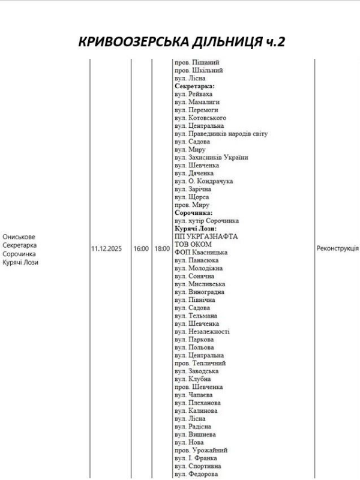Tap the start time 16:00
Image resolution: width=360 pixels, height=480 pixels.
pyautogui.click(x=141, y=248)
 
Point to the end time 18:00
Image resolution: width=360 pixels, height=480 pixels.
pyautogui.click(x=161, y=248)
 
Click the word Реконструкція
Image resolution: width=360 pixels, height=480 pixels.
pyautogui.click(x=337, y=248)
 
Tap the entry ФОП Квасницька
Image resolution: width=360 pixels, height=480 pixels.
pyautogui.click(x=202, y=252)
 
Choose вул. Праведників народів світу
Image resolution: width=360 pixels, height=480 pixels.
pyautogui.click(x=221, y=133)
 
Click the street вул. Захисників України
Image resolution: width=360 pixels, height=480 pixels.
pyautogui.click(x=211, y=157)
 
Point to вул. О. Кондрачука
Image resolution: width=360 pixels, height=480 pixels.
pyautogui.click(x=203, y=181)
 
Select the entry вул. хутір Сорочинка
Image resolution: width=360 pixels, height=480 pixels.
pyautogui.click(x=206, y=220)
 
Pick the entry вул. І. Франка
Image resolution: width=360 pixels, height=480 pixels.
pyautogui.click(x=196, y=458)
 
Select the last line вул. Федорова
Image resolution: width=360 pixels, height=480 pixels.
pyautogui.click(x=196, y=474)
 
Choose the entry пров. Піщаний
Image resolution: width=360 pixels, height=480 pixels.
pyautogui.click(x=197, y=62)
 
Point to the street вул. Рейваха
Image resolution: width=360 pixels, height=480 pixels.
pyautogui.click(x=194, y=94)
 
